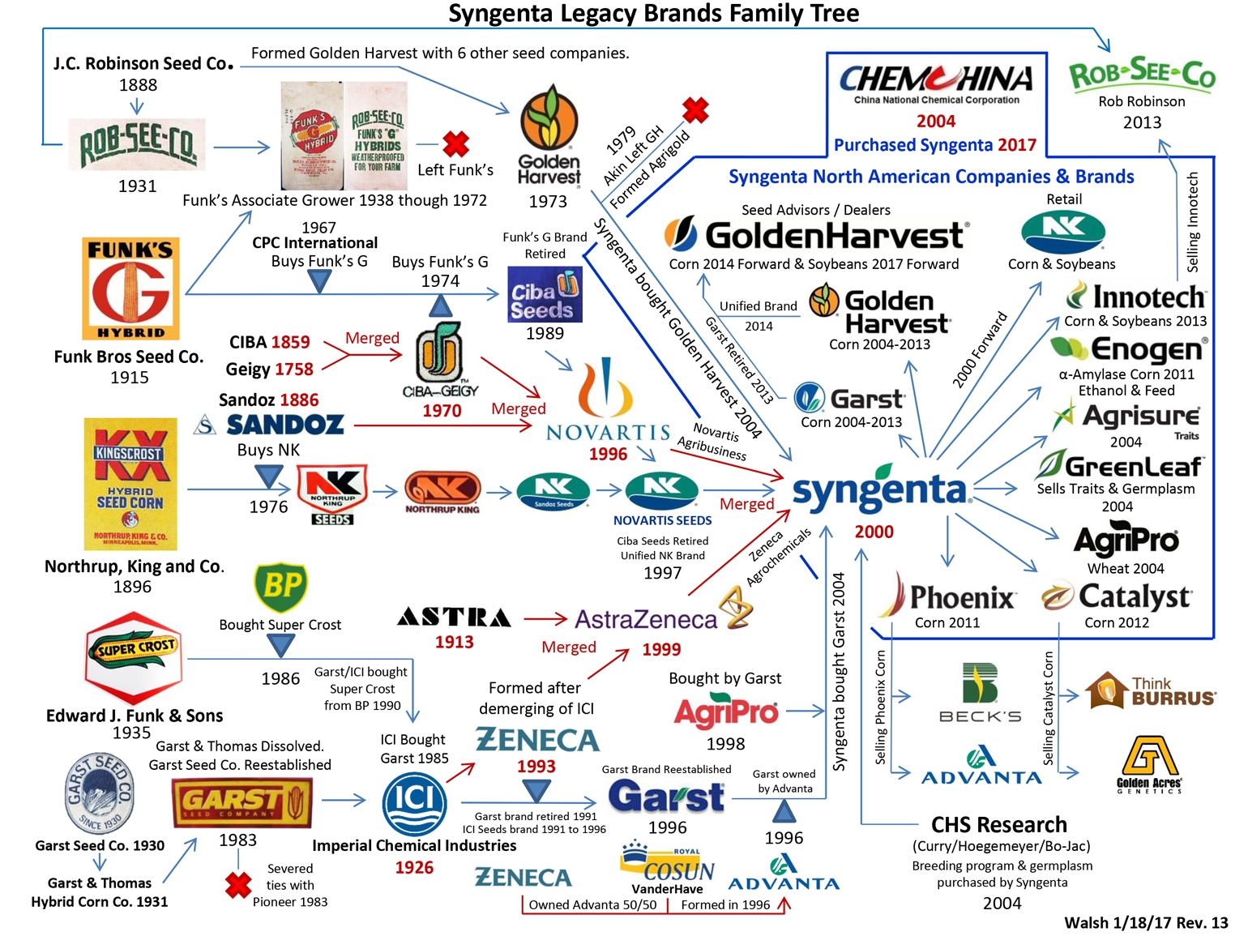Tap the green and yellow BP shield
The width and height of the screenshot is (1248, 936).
(280, 587)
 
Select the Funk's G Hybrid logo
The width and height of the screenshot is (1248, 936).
(130, 288)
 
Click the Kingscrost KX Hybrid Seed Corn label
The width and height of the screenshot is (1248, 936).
(130, 484)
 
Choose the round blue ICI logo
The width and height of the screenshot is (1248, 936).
(414, 802)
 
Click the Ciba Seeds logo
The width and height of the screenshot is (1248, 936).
(545, 293)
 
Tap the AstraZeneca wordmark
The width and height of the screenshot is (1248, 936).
(646, 620)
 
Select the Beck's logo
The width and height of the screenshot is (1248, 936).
(980, 694)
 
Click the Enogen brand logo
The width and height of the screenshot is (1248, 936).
(1129, 349)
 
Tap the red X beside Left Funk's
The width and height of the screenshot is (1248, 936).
(455, 144)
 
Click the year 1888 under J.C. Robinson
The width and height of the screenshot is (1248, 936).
(138, 84)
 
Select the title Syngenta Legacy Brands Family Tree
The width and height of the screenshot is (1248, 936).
(653, 14)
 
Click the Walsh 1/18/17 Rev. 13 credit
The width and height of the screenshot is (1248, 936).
(1146, 923)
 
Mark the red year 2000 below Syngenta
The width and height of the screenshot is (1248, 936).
(874, 532)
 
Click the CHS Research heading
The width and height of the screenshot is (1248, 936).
(998, 825)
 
